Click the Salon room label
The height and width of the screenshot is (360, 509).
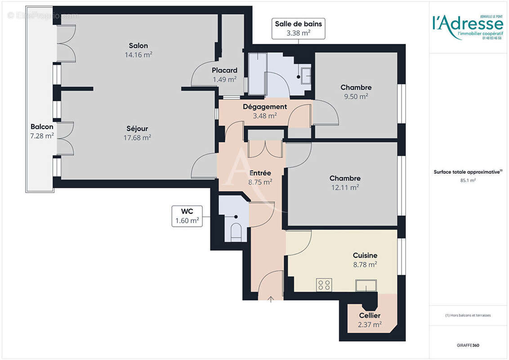[x=138, y=45]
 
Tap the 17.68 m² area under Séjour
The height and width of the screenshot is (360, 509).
[x=137, y=138]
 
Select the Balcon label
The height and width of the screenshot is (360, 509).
[x=42, y=126]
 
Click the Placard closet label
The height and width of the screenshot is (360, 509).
[x=224, y=70]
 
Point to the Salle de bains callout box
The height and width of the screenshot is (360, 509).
[x=299, y=28]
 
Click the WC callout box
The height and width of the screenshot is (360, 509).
[x=187, y=216]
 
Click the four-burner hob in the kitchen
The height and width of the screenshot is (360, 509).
[x=324, y=285]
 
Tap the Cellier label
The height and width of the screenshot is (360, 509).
[x=370, y=315]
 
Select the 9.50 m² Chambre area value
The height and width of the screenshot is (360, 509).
[x=356, y=96]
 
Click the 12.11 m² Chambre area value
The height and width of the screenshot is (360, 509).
[x=344, y=187]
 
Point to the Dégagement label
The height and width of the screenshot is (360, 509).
[x=265, y=107]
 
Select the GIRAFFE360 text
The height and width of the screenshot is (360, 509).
[x=468, y=345]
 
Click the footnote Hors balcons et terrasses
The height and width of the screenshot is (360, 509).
[x=468, y=315]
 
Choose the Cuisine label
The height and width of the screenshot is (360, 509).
[x=365, y=255]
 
